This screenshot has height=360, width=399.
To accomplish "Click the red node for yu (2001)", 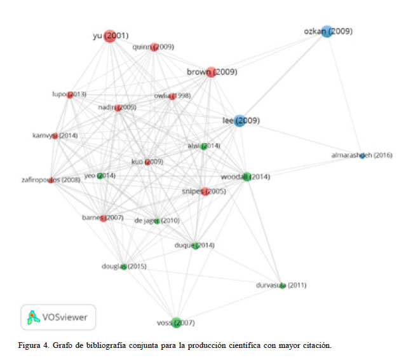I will [109, 36].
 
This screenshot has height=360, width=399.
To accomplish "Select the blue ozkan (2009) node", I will [327, 31].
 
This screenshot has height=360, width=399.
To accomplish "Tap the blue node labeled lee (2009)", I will [239, 121].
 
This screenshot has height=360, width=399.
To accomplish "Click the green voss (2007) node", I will [177, 323].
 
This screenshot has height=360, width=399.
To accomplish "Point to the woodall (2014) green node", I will [247, 177].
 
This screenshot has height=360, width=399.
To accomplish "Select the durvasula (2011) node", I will [283, 285].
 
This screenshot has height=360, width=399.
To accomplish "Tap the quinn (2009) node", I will [154, 47].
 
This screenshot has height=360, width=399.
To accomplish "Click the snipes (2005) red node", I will [205, 191].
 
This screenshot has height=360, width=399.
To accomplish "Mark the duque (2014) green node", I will [196, 246].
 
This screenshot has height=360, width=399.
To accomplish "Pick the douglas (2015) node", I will [124, 266].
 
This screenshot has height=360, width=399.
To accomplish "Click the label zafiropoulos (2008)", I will [51, 180].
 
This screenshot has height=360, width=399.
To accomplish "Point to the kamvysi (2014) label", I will [55, 135].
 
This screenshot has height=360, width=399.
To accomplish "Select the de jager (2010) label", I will [157, 221].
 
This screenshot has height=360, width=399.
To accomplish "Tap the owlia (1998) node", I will [172, 97].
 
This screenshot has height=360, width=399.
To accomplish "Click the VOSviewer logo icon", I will [32, 316].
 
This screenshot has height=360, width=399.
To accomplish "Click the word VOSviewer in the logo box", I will [65, 316].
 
